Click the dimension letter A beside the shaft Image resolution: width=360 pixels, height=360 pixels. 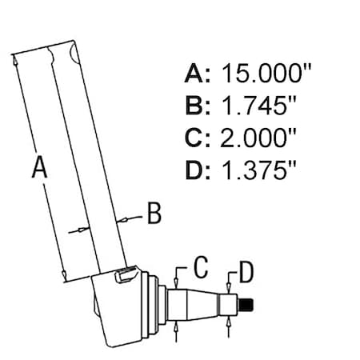[x=39, y=167]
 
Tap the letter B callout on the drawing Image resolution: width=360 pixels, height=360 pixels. [x=154, y=213]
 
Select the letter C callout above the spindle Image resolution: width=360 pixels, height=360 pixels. [x=201, y=266]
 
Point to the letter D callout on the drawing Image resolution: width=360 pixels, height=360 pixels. [x=246, y=272]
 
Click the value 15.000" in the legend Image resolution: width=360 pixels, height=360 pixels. [x=266, y=73]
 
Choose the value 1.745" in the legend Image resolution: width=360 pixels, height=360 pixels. [x=258, y=106]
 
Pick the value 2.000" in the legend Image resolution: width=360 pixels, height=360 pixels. [x=258, y=138]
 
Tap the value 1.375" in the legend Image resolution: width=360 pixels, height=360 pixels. [x=258, y=170]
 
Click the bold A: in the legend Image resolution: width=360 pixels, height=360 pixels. [x=198, y=73]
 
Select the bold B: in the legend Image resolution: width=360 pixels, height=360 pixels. [x=198, y=106]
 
